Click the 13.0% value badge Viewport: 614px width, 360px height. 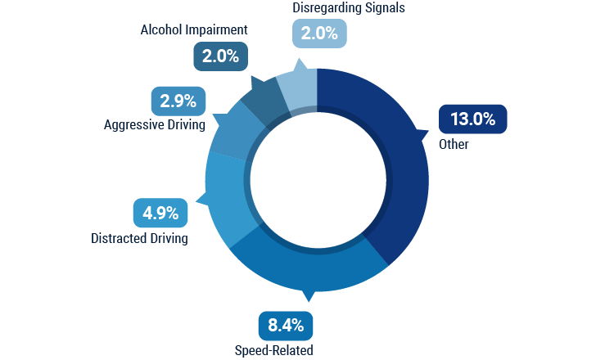[x=472, y=119]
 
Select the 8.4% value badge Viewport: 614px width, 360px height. [x=286, y=326]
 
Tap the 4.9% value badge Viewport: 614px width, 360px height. [x=160, y=214]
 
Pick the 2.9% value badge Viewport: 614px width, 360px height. [x=178, y=101]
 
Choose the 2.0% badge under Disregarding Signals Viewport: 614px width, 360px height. [x=319, y=33]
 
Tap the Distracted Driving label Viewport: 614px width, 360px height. [x=139, y=239]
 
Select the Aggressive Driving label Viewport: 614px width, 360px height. [x=155, y=125]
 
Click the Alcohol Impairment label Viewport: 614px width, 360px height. [x=194, y=30]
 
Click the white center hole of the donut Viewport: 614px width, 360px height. [x=318, y=179]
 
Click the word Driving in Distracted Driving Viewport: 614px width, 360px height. [x=166, y=239]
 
